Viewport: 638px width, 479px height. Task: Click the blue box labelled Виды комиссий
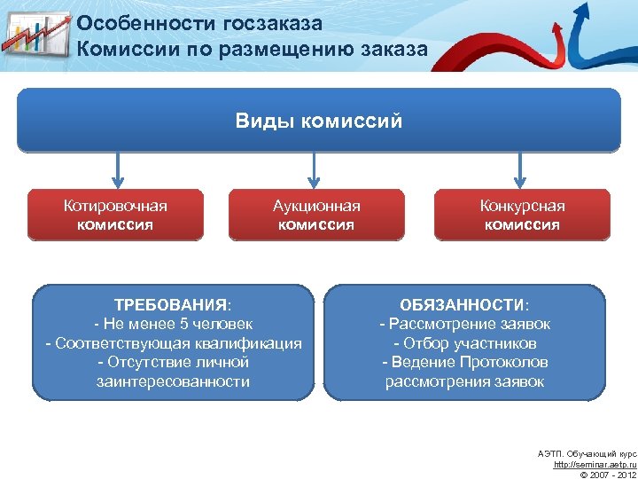pyautogui.click(x=319, y=120)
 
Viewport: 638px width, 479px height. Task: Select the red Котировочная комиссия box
pyautogui.click(x=115, y=215)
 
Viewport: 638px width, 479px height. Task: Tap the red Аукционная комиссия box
pyautogui.click(x=316, y=215)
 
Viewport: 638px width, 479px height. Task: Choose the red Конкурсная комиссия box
pyautogui.click(x=522, y=215)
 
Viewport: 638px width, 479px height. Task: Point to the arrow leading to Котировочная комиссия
pyautogui.click(x=115, y=169)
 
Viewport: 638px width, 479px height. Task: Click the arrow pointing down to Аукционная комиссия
pyautogui.click(x=311, y=169)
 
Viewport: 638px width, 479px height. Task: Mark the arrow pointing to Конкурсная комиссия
pyautogui.click(x=520, y=169)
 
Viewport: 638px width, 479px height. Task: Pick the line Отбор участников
pyautogui.click(x=465, y=343)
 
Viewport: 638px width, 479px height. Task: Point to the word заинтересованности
pyautogui.click(x=173, y=382)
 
